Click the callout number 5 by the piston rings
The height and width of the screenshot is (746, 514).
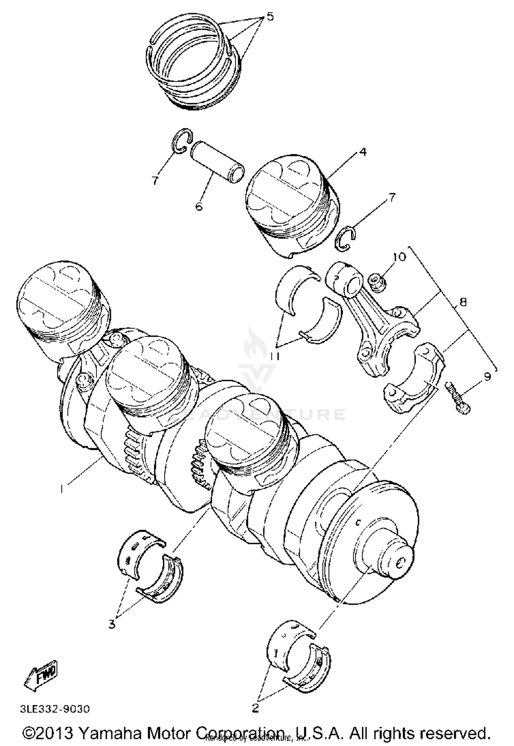[270, 16]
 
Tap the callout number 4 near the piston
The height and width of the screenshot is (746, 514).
[363, 152]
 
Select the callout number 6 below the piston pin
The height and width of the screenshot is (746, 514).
[199, 206]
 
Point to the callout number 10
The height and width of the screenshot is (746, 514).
[399, 256]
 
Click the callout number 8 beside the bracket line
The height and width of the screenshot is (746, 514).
[463, 302]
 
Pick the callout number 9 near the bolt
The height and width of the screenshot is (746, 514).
[487, 376]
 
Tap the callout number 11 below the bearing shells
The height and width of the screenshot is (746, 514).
[274, 356]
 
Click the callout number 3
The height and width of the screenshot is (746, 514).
[112, 624]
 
